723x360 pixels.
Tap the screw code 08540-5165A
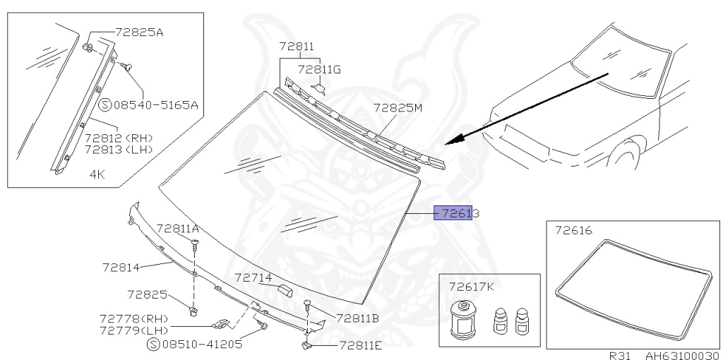coord(156,106)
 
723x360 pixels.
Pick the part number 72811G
coord(319,69)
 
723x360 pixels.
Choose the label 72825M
coord(398,108)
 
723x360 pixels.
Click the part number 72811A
coord(177,229)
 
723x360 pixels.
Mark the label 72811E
coord(360,345)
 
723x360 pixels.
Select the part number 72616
coord(573,231)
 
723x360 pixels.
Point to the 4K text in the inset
coord(97,173)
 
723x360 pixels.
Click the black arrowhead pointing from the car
coord(456,138)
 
